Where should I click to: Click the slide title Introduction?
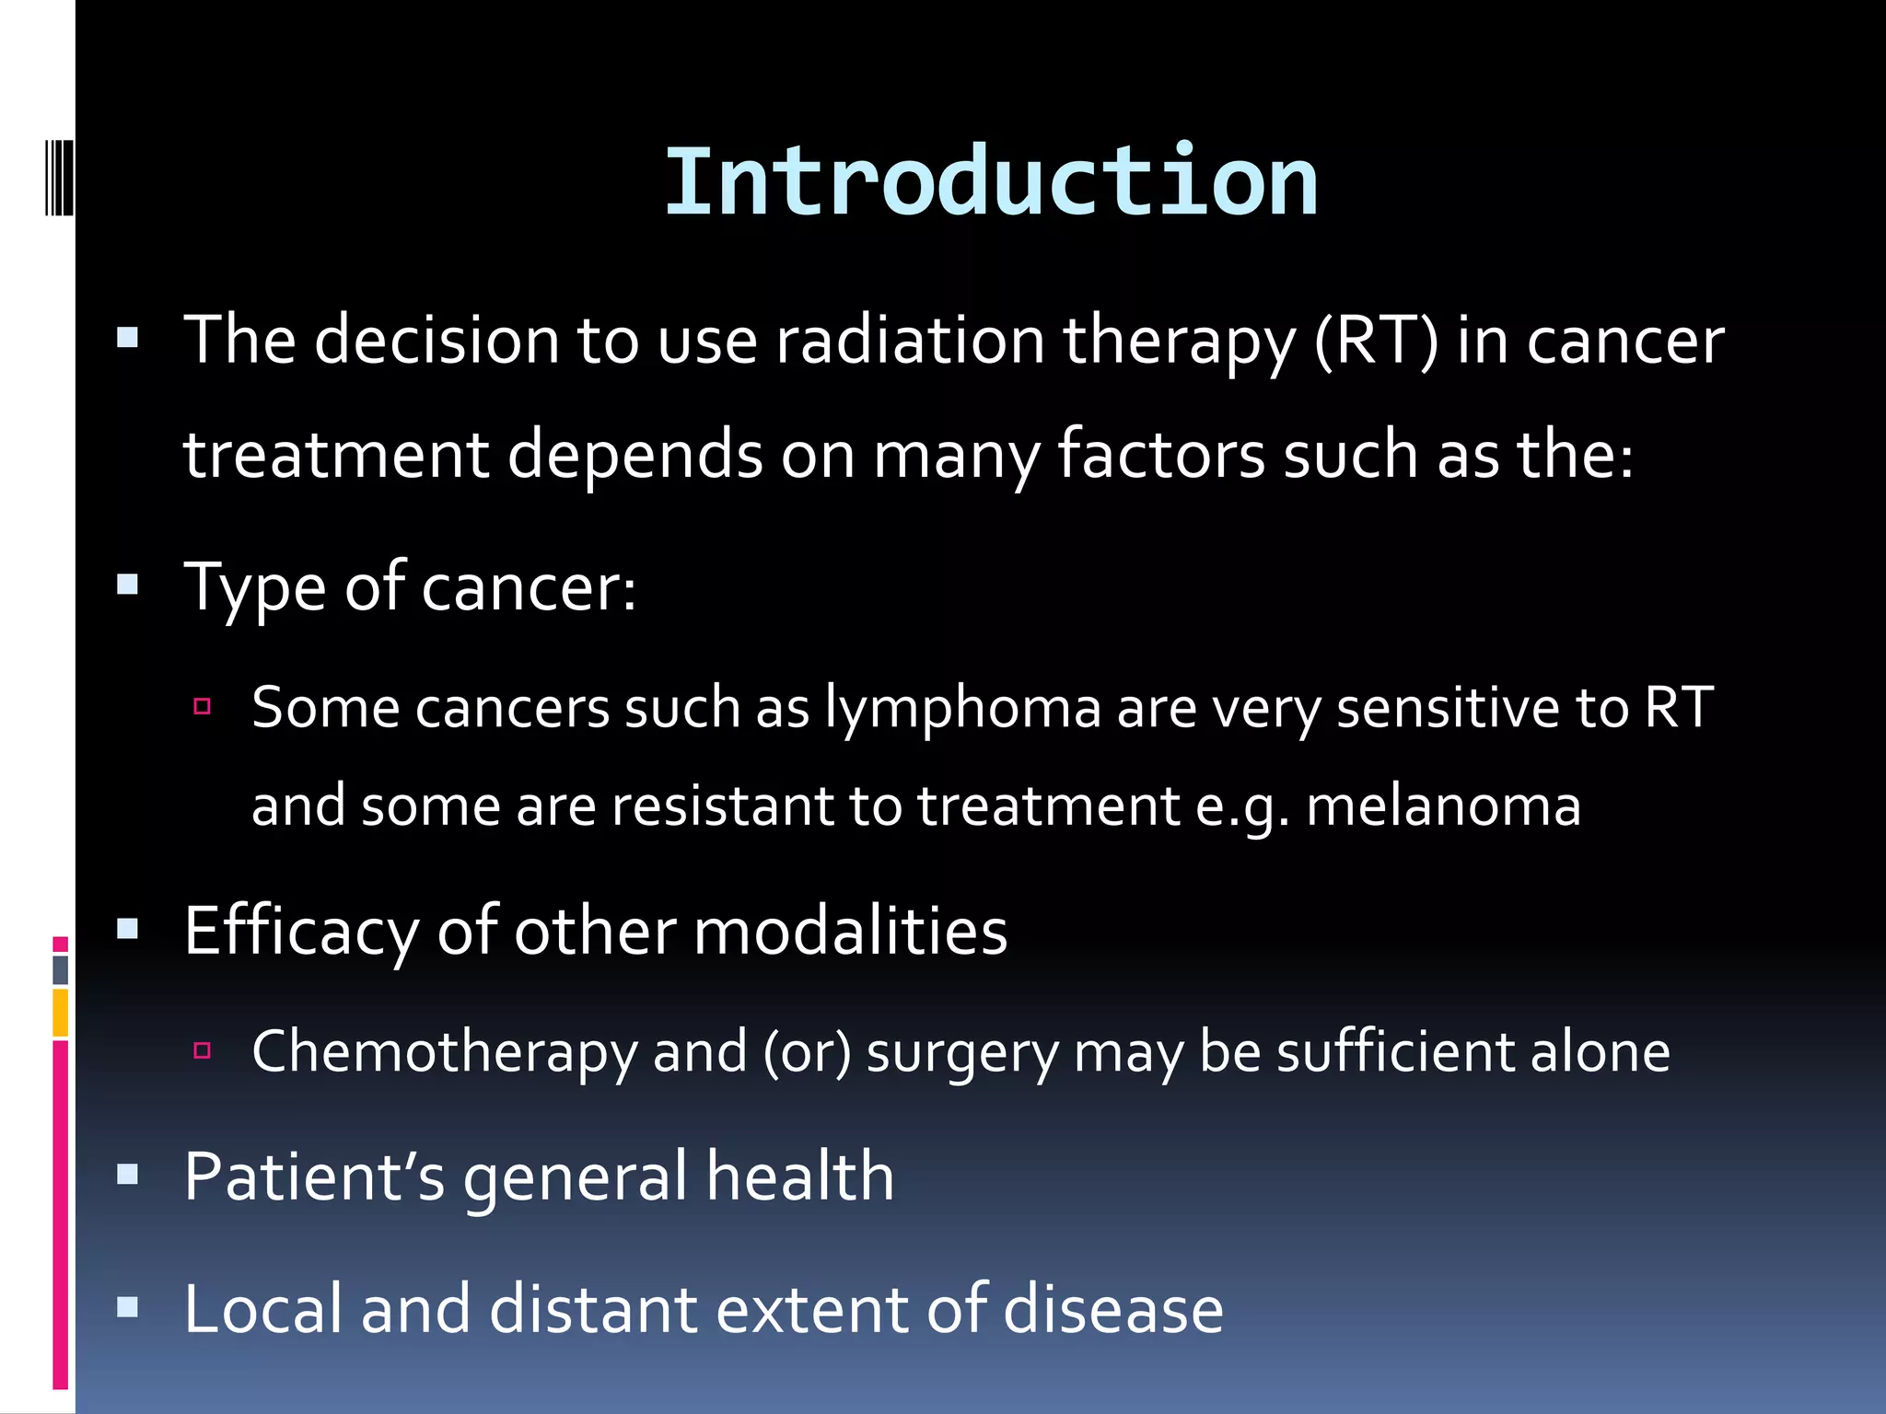pos(991,182)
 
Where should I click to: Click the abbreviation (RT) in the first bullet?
pos(1376,341)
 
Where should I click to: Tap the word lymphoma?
pos(962,709)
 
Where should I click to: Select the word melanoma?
pos(1443,806)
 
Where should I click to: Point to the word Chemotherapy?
pos(444,1052)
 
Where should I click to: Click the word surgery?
pos(962,1052)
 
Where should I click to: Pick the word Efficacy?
pos(301,932)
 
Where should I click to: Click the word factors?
pos(1160,455)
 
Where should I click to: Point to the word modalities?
pos(850,932)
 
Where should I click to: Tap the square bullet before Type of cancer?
pos(128,585)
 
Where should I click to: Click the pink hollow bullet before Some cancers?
pos(203,707)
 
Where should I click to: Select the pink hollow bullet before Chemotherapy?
pos(203,1050)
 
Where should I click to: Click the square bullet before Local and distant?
pos(128,1307)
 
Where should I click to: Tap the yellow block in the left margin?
pos(60,1012)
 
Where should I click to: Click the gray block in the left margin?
pos(60,969)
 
